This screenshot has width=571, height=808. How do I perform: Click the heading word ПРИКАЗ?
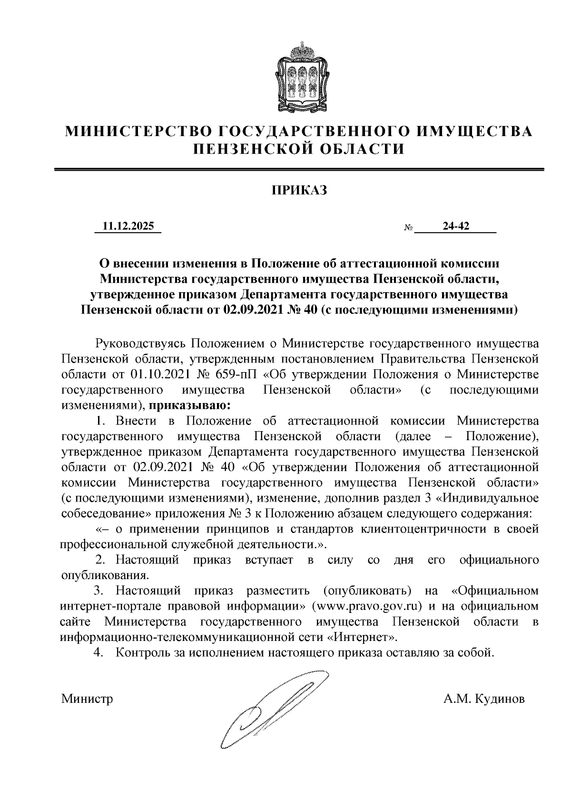[299, 191]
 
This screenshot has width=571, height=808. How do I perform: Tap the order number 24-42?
[455, 227]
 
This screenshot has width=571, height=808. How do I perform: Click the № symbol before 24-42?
[408, 228]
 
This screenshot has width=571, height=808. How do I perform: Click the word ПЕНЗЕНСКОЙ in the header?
[241, 149]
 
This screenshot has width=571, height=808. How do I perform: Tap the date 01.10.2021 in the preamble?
[154, 374]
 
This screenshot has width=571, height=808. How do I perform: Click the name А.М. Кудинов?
[483, 700]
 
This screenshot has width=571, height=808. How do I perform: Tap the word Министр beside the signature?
[87, 700]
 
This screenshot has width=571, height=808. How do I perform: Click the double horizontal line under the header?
[299, 169]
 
